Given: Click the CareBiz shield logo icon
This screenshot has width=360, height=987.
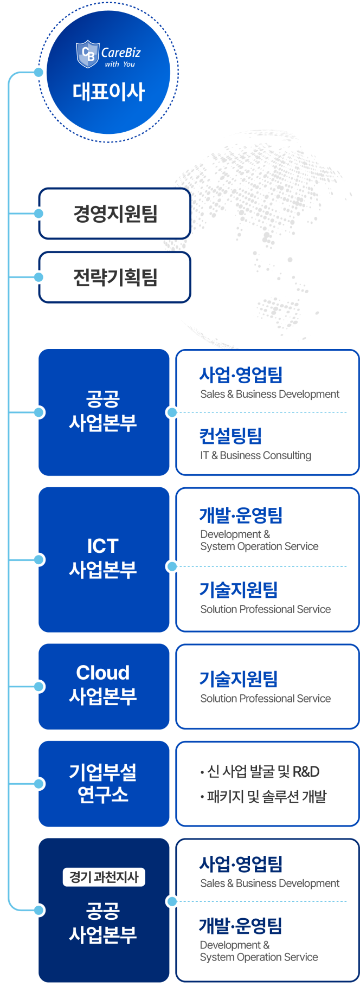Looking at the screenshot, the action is coord(87,54).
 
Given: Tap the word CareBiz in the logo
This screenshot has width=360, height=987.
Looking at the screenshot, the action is coord(121,53).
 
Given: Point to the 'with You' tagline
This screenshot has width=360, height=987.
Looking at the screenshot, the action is coord(120,64).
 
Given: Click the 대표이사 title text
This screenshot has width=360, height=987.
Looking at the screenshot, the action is coord(108,91).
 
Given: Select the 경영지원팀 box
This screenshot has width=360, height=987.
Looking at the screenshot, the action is coord(115,214).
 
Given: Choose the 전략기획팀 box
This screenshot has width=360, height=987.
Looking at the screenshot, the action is coord(115,277).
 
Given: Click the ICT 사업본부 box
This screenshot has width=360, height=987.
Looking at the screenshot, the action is coord(104,559).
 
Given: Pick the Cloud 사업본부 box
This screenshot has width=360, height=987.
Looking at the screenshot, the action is coord(104,686).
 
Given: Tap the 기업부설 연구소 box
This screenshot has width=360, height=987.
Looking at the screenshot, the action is coord(104,784).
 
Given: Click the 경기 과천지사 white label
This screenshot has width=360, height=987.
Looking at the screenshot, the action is coord(104,877).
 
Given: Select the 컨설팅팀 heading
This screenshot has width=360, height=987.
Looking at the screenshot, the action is coord(231,435).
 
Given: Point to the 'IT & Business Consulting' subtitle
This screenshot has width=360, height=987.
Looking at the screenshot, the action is coord(256,455).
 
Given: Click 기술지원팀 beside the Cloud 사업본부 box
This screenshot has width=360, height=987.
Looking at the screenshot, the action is coord(239,678).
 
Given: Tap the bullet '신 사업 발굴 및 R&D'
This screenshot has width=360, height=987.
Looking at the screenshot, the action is coord(260,771).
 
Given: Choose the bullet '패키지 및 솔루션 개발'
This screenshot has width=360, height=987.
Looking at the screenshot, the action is coord(263,796).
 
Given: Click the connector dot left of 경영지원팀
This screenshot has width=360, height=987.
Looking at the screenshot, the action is coord(38,214).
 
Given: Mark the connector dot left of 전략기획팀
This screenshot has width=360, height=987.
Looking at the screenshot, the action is coord(38,277).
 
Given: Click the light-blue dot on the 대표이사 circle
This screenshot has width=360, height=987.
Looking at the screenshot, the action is coord(38,72).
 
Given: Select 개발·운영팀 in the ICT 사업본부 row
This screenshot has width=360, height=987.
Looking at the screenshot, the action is coord(241,515).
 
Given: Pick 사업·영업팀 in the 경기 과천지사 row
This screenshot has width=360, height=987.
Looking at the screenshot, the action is coord(241,863).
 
